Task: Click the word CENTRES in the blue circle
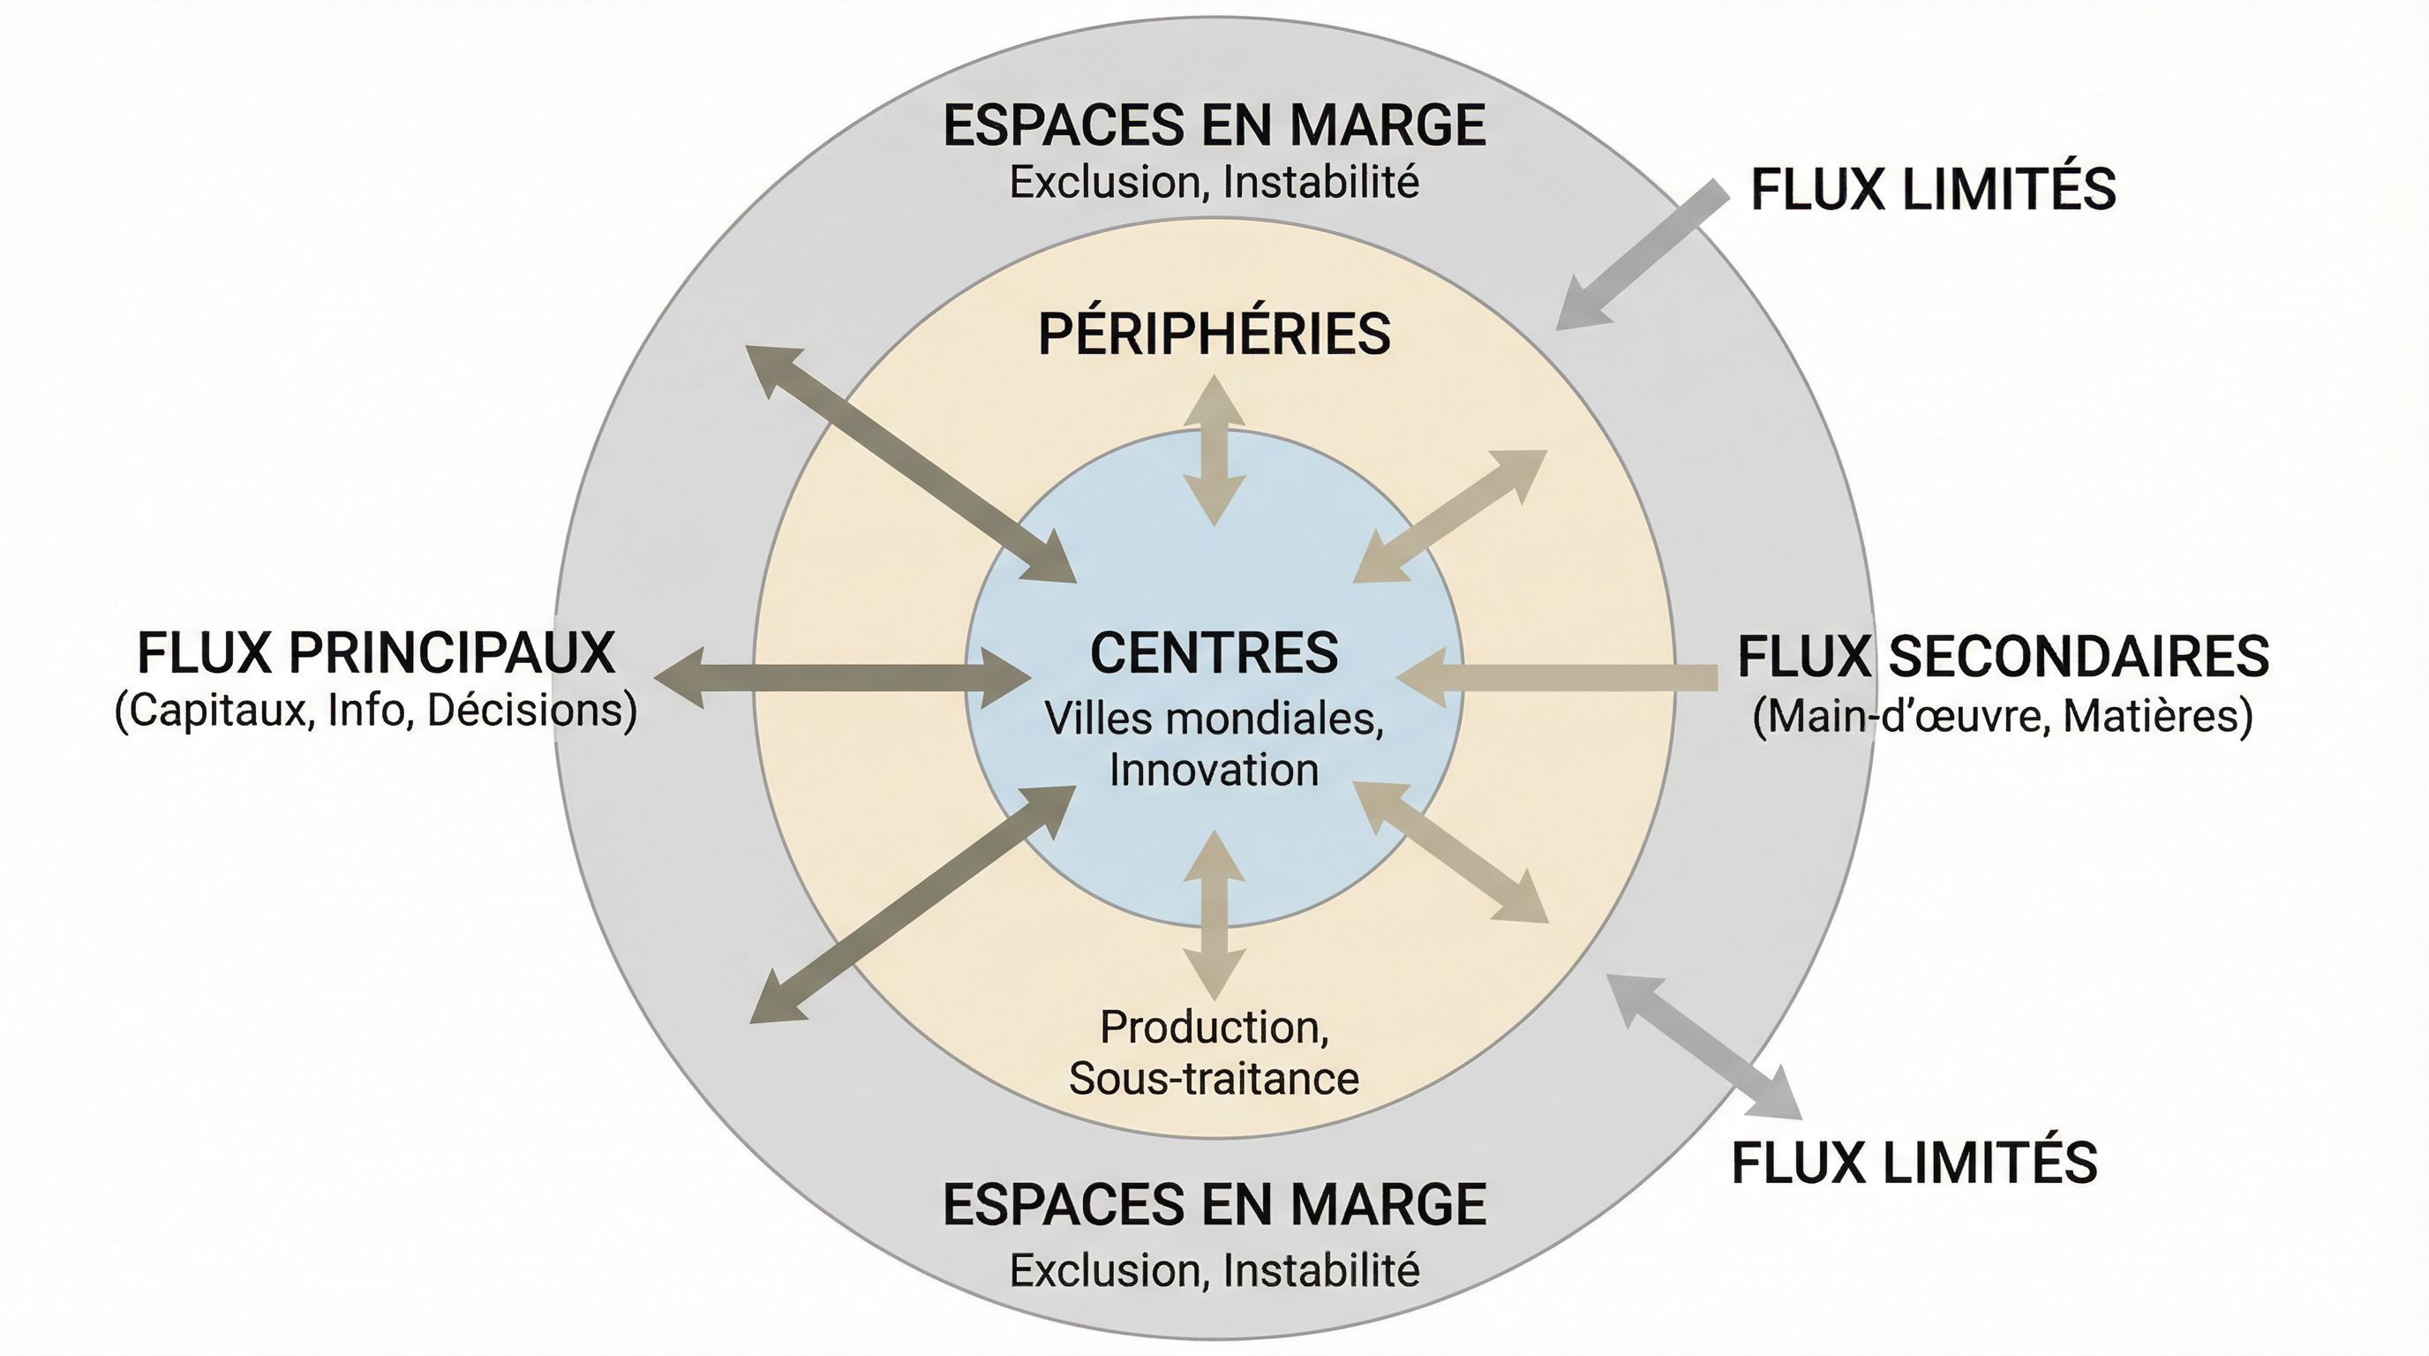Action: click(1214, 652)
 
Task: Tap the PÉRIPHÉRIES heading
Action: click(1214, 334)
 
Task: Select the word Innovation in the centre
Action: click(1214, 770)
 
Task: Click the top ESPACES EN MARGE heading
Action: click(1214, 126)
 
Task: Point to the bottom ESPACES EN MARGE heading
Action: click(1214, 1205)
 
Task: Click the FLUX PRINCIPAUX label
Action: click(375, 652)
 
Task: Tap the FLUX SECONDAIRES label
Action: click(2003, 656)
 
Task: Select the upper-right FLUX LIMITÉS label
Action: click(1933, 190)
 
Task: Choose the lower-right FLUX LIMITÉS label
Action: click(1914, 1162)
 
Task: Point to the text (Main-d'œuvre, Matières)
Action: click(2003, 716)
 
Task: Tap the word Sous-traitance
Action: click(1214, 1079)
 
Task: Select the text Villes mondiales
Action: click(1214, 719)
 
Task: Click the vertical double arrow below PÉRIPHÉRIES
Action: click(1214, 451)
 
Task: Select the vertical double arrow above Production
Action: click(1214, 915)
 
